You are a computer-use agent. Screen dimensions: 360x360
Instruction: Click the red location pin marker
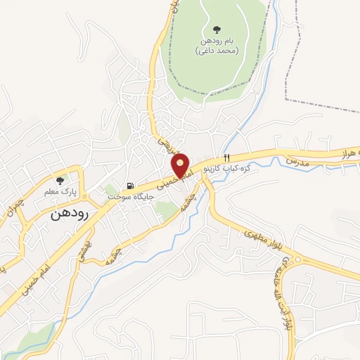181,166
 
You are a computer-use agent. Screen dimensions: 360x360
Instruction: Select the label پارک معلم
59,192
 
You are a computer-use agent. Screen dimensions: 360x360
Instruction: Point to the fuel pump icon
129,186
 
